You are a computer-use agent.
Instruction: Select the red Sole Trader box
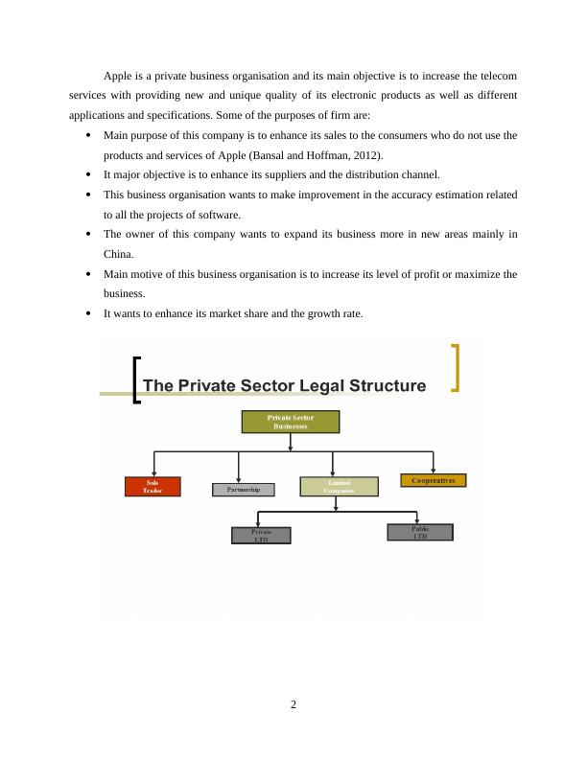click(153, 486)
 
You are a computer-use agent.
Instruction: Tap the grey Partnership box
click(243, 490)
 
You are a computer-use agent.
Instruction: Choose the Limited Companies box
click(339, 486)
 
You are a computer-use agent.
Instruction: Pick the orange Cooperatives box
click(433, 480)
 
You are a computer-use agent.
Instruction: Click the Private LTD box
click(261, 535)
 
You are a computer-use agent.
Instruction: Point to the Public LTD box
click(420, 532)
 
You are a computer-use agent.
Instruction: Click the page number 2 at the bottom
click(293, 705)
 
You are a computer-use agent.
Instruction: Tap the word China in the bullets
click(119, 254)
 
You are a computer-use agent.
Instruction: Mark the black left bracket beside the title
click(137, 380)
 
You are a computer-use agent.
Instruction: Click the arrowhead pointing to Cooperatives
click(434, 470)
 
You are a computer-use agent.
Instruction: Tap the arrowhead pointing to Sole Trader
click(153, 472)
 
